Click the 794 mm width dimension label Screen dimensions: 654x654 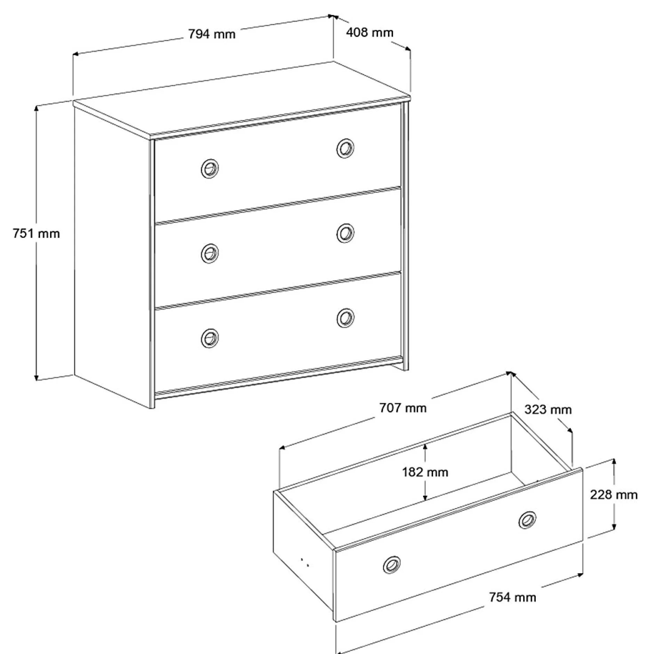click(x=212, y=34)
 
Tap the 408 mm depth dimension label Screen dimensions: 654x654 click(x=369, y=32)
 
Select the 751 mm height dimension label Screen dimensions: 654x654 click(x=36, y=233)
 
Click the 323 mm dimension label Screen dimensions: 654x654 click(x=548, y=409)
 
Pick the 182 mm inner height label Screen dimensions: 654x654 click(x=425, y=472)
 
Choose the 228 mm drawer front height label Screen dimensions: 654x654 click(x=614, y=494)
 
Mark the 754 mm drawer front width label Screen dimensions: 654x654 click(x=512, y=597)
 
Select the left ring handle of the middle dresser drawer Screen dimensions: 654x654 click(x=210, y=253)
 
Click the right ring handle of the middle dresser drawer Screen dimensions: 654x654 click(x=345, y=233)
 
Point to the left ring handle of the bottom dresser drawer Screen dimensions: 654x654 click(x=210, y=338)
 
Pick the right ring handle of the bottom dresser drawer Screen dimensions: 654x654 click(x=345, y=318)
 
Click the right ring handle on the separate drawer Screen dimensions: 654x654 click(x=527, y=520)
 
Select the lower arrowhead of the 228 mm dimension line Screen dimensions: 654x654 click(x=614, y=527)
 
